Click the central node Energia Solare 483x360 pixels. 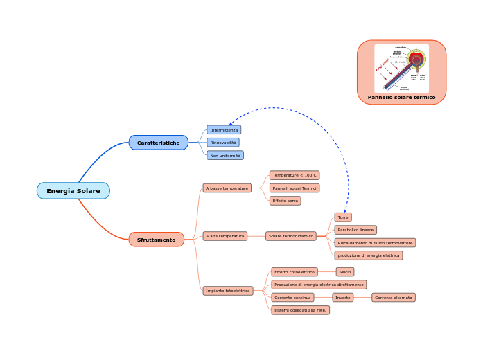(x=73, y=190)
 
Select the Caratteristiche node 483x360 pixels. (x=158, y=143)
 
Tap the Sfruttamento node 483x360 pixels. (x=156, y=240)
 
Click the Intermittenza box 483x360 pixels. (x=224, y=130)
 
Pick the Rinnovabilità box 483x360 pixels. (x=223, y=143)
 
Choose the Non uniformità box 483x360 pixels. (x=225, y=156)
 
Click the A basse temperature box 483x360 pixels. (x=227, y=188)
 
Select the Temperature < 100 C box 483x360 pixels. (x=295, y=175)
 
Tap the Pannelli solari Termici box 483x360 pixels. (x=295, y=188)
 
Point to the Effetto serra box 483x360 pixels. (x=286, y=201)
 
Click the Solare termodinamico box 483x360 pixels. (x=290, y=236)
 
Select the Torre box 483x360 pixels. (x=343, y=217)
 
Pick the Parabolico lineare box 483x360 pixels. (x=355, y=230)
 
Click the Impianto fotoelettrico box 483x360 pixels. (x=228, y=291)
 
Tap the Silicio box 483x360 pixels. (x=345, y=272)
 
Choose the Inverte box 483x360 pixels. (x=343, y=298)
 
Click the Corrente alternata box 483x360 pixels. (x=394, y=298)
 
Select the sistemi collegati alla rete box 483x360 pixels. (x=300, y=310)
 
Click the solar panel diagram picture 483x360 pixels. (x=402, y=68)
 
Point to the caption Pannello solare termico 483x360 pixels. (x=402, y=98)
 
